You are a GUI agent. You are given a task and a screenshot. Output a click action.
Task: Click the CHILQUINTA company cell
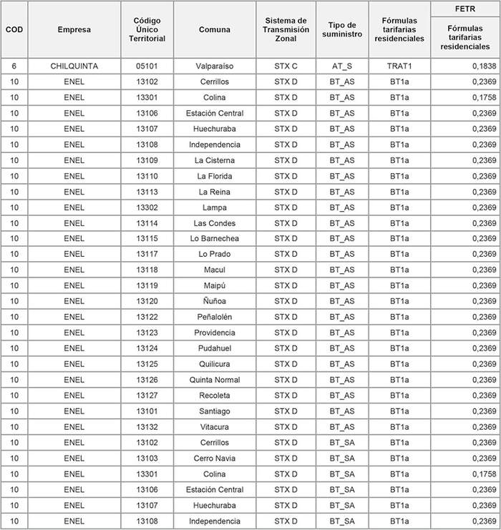coord(74,66)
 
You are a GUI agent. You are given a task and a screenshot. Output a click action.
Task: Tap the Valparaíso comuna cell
coord(215,66)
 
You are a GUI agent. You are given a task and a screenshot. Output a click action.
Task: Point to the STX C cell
coord(286,66)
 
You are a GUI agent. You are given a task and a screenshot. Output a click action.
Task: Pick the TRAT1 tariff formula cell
coord(399,66)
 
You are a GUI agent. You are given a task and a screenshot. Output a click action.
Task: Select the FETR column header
coord(464,8)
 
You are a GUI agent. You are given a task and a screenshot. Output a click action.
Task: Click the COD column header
coord(14,29)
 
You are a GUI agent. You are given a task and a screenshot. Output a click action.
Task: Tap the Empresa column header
coord(74,29)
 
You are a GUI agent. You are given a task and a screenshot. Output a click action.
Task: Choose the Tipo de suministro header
coord(343,29)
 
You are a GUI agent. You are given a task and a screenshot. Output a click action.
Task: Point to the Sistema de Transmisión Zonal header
coord(286,29)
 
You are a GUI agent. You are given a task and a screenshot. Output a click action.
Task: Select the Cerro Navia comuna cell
coord(215,458)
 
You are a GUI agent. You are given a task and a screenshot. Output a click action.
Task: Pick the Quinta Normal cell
coord(215,380)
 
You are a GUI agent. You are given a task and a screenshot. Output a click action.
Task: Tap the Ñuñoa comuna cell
coord(215,301)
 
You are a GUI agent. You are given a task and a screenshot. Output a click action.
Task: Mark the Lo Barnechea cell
coord(215,238)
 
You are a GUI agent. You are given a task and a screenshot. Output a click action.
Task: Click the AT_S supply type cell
coord(343,66)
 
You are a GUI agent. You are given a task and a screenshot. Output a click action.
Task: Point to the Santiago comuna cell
coord(215,411)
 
